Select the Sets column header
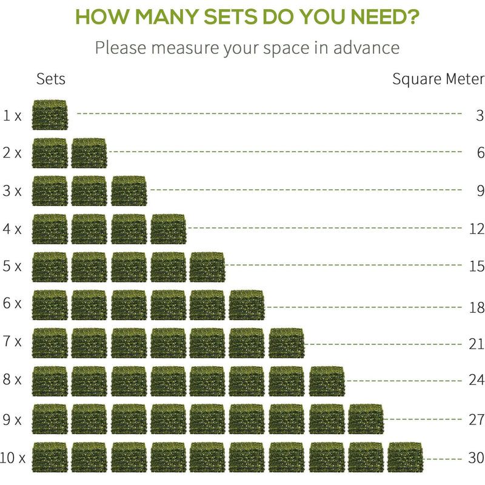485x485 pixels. coord(51,79)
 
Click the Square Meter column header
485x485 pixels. coord(438,79)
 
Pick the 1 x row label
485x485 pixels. coord(12,115)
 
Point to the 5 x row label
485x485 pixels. coord(12,266)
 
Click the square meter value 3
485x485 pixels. coord(480,115)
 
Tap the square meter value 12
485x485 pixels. coord(477,229)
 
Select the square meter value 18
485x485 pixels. coord(477,307)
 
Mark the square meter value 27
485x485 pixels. coord(477,419)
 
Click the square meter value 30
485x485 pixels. coord(477,457)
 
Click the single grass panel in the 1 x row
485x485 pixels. coord(50,115)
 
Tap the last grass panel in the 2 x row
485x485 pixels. coord(89,153)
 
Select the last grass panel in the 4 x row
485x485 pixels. coord(169,229)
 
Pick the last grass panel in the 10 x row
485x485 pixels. coord(405,457)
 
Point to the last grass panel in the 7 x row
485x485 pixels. coord(287,343)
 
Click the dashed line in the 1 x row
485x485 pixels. coord(267,113)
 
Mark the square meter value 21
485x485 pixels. coord(477,344)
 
